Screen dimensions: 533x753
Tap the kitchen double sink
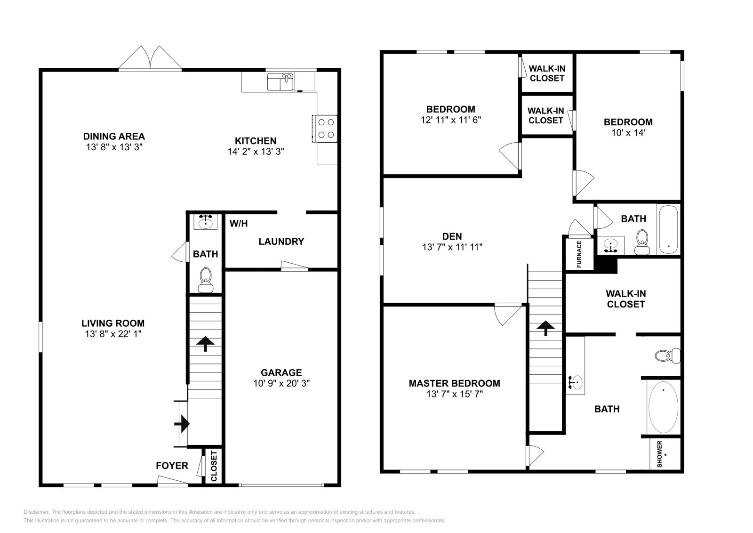[x=280, y=82]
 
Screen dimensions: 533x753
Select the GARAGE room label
[x=281, y=372]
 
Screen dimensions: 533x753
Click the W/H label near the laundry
[x=239, y=223]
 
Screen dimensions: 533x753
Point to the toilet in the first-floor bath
[x=206, y=280]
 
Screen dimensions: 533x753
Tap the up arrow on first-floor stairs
[x=205, y=344]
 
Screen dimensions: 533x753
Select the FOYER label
[x=172, y=466]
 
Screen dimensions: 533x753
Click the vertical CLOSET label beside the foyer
[x=214, y=466]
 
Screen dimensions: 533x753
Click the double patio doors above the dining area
[x=150, y=59]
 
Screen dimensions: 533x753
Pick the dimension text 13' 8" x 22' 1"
[x=113, y=334]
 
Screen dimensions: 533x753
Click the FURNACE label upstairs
[x=579, y=254]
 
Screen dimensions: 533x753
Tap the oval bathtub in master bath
[x=663, y=407]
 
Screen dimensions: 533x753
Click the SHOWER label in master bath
[x=659, y=454]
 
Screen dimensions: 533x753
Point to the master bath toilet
[x=667, y=355]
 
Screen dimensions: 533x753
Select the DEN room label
[x=452, y=236]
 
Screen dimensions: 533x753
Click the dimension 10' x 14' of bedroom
[x=628, y=133]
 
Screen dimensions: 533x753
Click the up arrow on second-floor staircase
[x=545, y=328]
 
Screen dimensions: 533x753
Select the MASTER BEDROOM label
[x=454, y=383]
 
